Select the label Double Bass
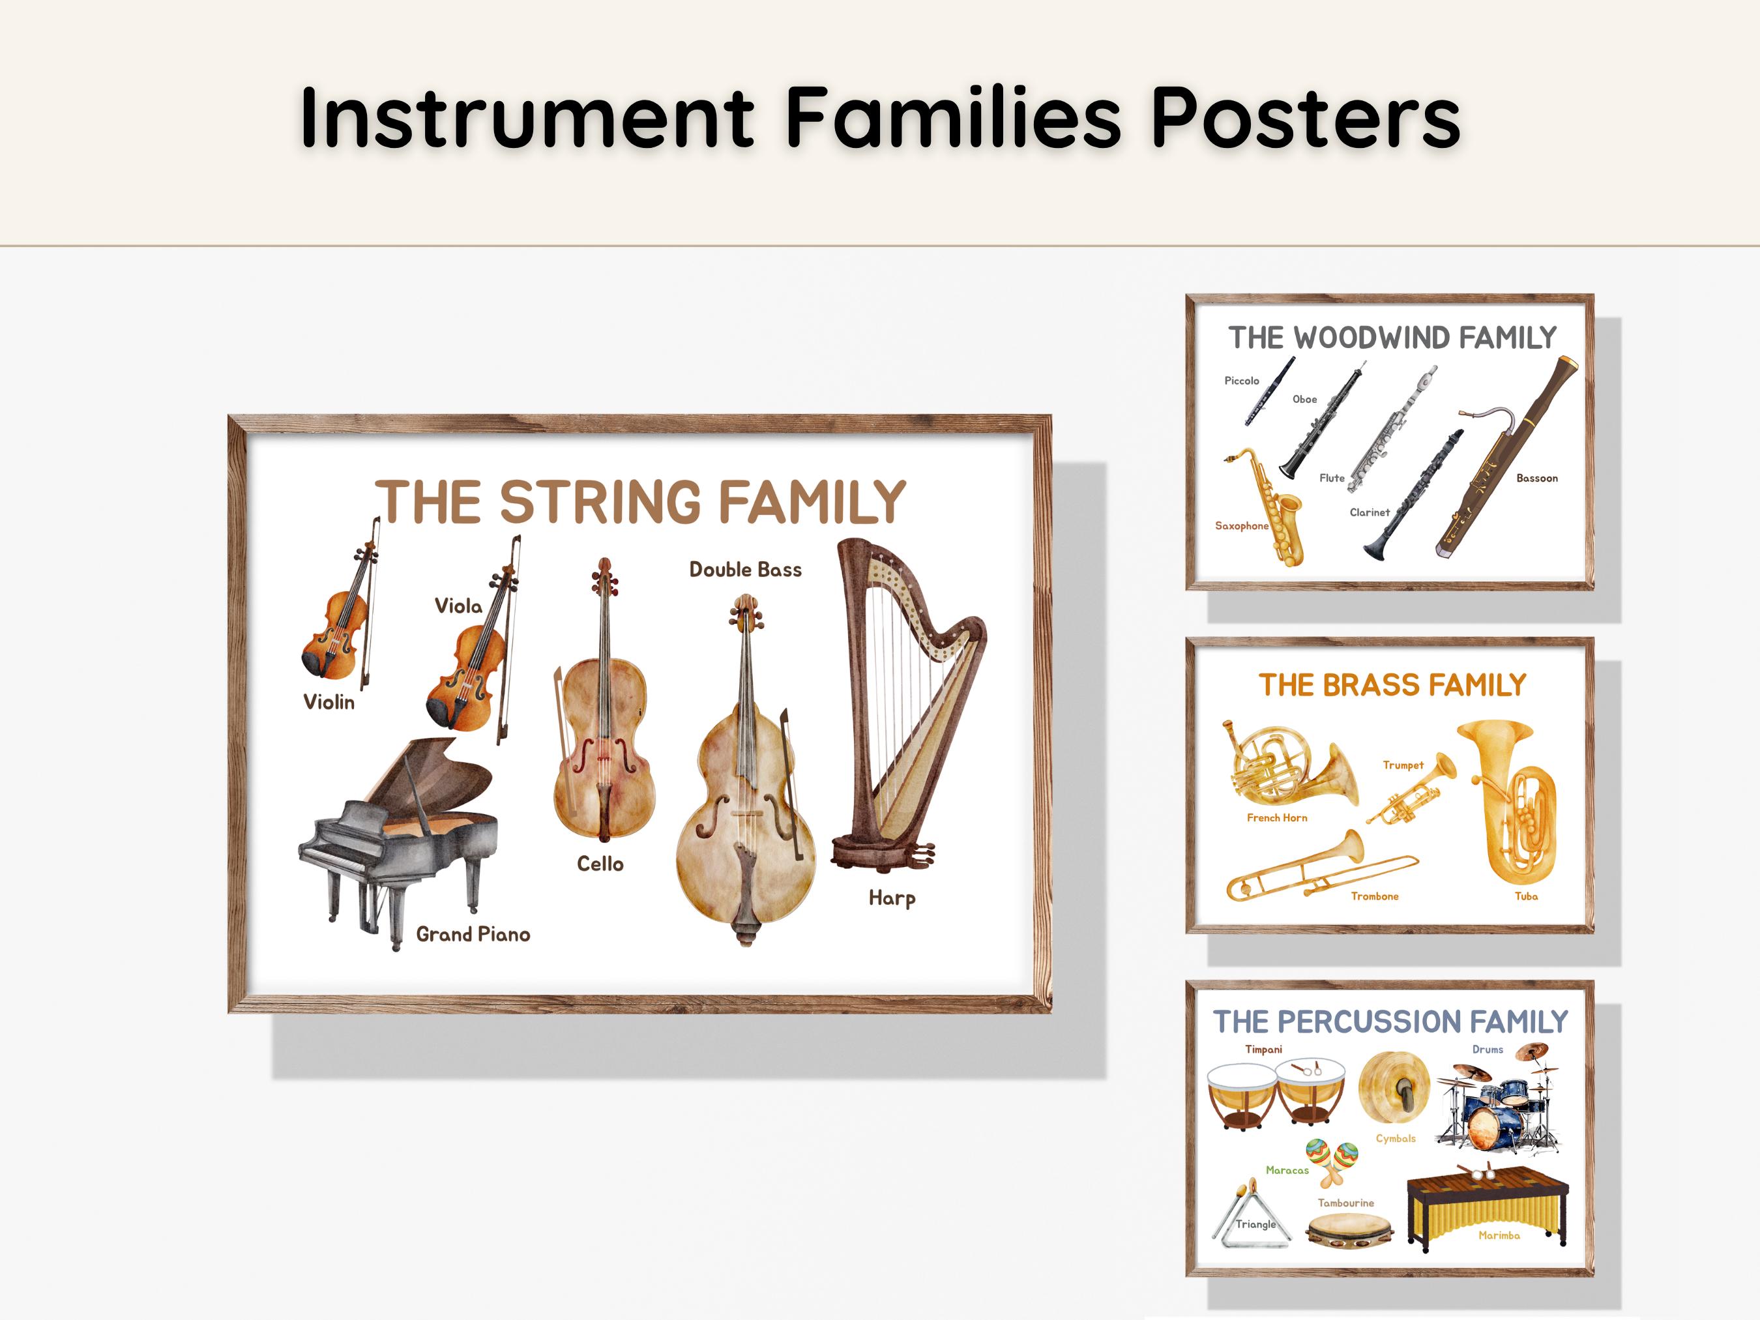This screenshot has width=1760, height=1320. click(x=746, y=570)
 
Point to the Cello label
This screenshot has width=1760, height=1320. click(x=600, y=864)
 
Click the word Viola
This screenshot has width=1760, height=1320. click(x=458, y=606)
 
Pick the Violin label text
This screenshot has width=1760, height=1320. click(x=329, y=702)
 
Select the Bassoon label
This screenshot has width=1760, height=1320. click(x=1536, y=478)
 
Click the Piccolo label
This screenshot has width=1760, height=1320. click(x=1241, y=381)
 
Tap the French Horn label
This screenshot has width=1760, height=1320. click(x=1277, y=818)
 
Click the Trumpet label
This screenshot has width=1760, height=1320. click(x=1403, y=765)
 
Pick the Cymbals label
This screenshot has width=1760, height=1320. click(x=1396, y=1139)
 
